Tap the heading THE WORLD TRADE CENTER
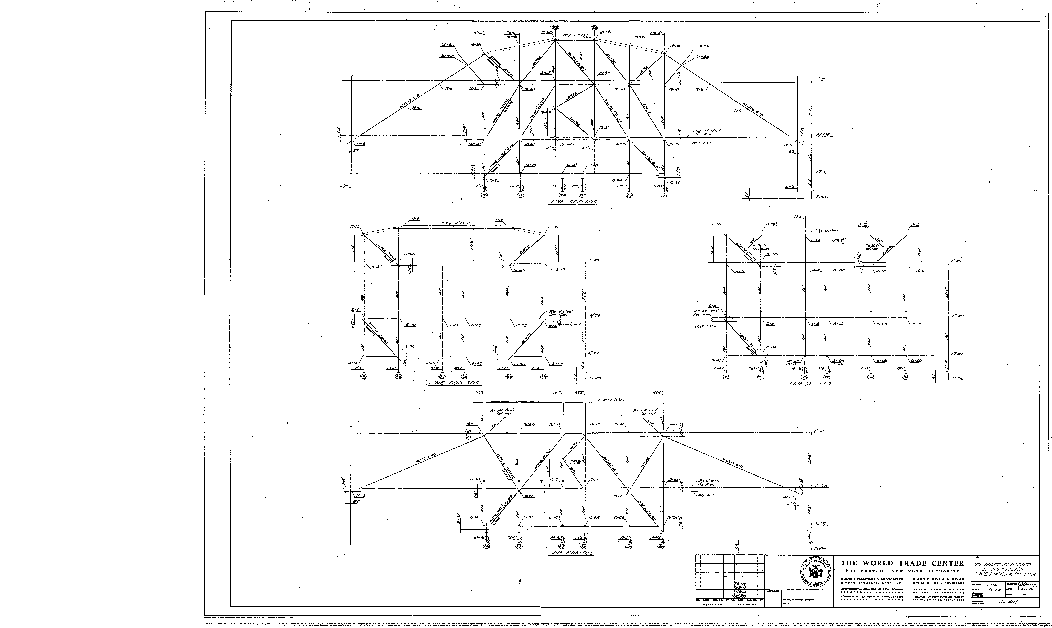click(x=902, y=563)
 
